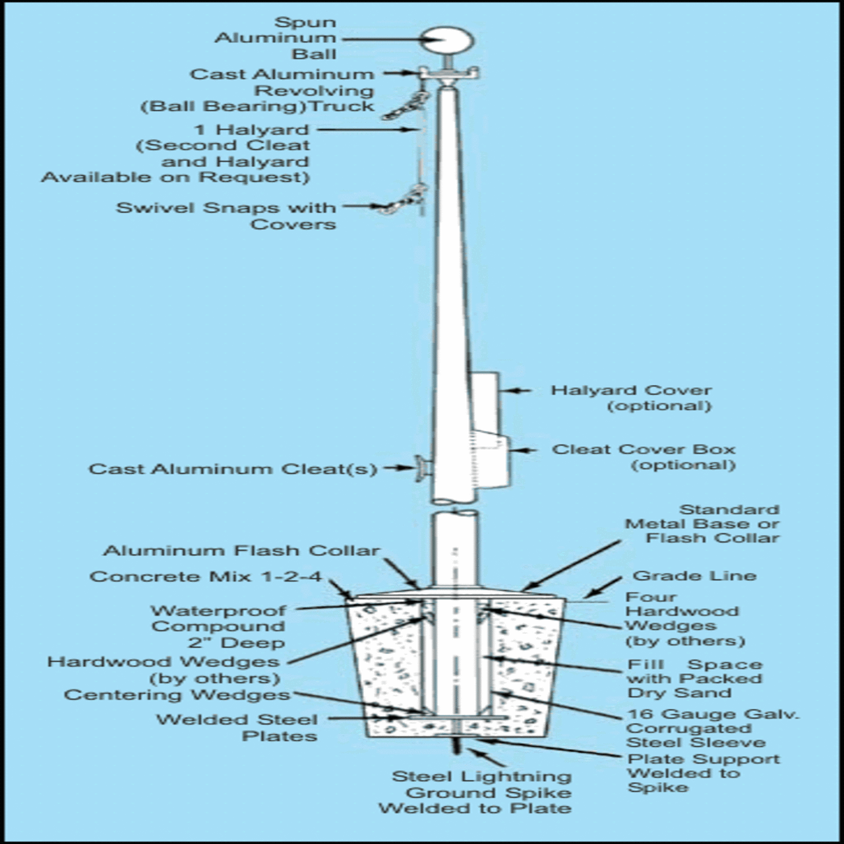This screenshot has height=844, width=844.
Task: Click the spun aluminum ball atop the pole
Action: pyautogui.click(x=448, y=41)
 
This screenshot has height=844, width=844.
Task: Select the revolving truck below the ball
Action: pyautogui.click(x=448, y=75)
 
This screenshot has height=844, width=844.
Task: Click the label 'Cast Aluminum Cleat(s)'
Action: pyautogui.click(x=233, y=469)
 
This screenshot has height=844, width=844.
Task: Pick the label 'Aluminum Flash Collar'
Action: pyautogui.click(x=241, y=551)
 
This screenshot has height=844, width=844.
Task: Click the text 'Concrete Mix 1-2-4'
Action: pyautogui.click(x=206, y=576)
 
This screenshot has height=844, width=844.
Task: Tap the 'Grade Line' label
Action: pyautogui.click(x=694, y=576)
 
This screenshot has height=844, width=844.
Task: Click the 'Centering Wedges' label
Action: pyautogui.click(x=177, y=695)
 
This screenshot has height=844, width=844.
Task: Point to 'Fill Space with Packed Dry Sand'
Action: pyautogui.click(x=694, y=678)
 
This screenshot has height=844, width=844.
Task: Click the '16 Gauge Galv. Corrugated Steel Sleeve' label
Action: pyautogui.click(x=712, y=728)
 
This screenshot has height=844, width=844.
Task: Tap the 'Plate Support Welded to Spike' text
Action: pyautogui.click(x=702, y=773)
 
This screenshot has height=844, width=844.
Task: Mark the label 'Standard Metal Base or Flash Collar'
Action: pyautogui.click(x=702, y=524)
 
